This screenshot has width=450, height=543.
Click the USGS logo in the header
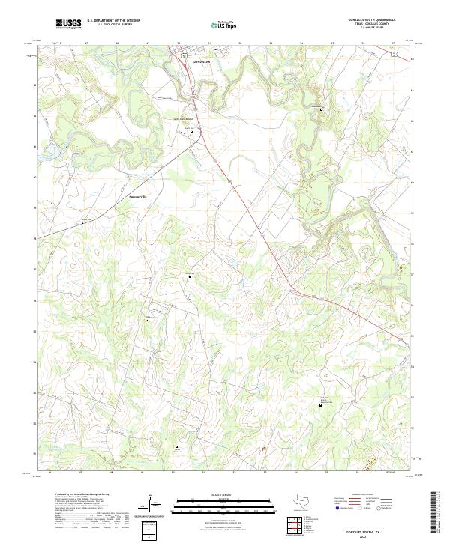pyautogui.click(x=69, y=24)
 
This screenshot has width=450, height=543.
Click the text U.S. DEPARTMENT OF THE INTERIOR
pyautogui.click(x=113, y=21)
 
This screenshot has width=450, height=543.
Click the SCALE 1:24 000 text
pyautogui.click(x=214, y=494)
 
